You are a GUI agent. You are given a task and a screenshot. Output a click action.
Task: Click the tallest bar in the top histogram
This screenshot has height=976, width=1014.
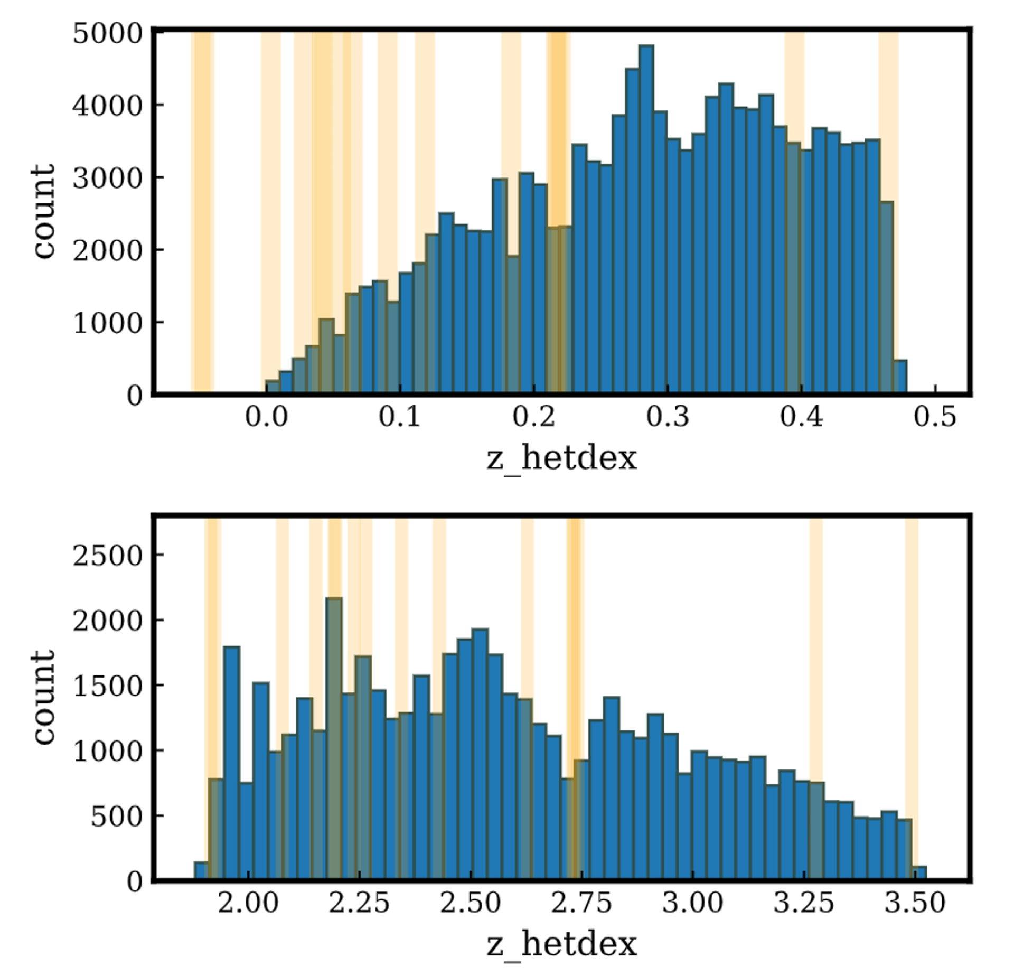coord(646,219)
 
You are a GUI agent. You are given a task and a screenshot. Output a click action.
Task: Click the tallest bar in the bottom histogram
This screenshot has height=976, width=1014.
coord(334,739)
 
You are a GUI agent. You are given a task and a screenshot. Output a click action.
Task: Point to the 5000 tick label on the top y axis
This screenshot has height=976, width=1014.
coord(108,34)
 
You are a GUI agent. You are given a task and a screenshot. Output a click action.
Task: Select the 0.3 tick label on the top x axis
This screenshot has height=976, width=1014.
coord(668,417)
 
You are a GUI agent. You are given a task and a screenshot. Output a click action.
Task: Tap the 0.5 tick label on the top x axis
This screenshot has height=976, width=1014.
coord(935,417)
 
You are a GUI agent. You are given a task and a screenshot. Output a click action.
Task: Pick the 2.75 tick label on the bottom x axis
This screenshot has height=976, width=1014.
coord(581,904)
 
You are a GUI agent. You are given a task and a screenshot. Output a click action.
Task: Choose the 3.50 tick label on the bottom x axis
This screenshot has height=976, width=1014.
coord(915,904)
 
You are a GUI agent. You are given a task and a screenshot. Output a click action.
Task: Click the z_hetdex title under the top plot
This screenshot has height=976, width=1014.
coord(562,458)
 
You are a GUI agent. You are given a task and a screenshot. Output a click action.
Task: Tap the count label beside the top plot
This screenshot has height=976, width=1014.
coord(43,211)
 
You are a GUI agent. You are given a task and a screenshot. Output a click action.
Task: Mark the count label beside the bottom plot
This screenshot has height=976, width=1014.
coord(43,697)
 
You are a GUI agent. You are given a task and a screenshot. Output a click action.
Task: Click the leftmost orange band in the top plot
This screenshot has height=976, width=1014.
coord(202,211)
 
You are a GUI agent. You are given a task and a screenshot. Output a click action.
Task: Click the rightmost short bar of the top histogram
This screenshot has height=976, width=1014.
coord(900,377)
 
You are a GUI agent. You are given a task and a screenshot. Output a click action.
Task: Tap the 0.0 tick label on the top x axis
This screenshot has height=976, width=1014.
coord(266,417)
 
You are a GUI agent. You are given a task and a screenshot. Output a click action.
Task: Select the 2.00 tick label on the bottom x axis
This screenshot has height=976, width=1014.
coord(248,904)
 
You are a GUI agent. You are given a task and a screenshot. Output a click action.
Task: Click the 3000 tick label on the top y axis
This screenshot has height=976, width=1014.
coord(108,179)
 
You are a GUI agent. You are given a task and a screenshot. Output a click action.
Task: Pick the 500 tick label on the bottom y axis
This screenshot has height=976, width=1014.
coord(117,817)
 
